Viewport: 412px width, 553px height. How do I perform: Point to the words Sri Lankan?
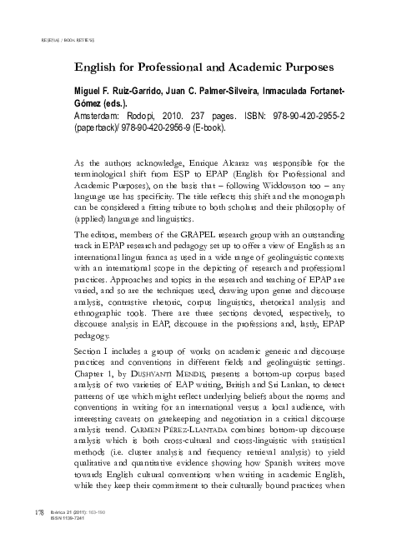pos(281,410)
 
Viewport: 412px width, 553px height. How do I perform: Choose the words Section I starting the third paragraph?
pos(94,375)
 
